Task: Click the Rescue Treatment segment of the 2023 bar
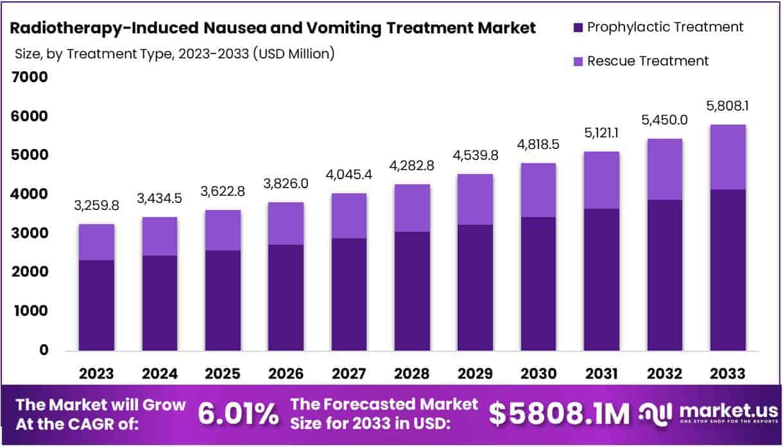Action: coord(96,242)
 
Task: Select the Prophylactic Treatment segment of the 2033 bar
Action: coord(728,270)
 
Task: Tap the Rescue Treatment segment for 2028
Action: coord(412,208)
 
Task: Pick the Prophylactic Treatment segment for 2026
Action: coord(286,297)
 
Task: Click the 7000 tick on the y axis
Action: coord(30,78)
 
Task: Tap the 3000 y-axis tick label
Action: coord(30,234)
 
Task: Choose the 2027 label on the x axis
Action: coord(349,374)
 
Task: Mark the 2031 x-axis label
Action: coord(601,374)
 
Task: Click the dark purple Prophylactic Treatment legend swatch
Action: coord(576,28)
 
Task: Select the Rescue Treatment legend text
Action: coord(648,61)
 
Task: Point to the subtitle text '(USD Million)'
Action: coord(294,54)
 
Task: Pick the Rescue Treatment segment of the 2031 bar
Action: coord(601,180)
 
